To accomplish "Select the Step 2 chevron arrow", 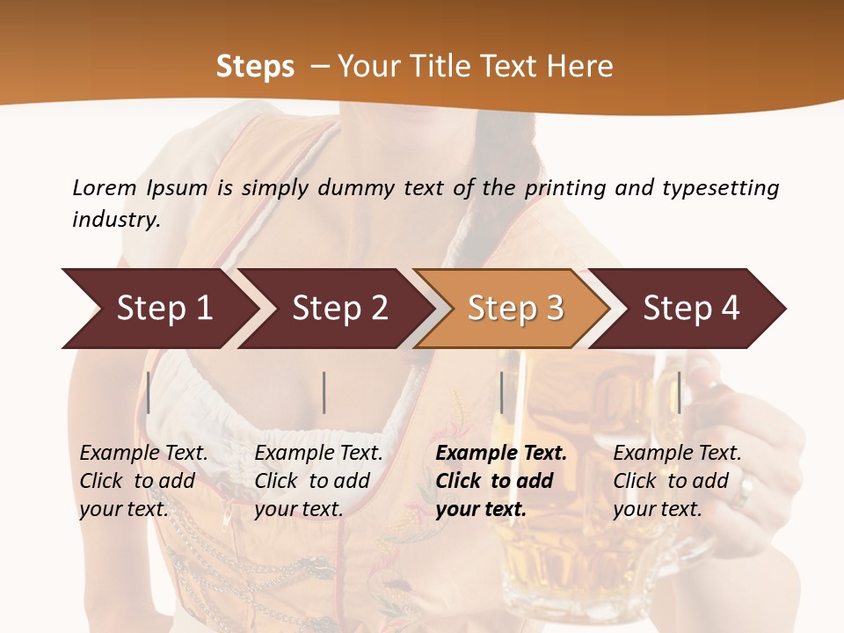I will coord(339,309).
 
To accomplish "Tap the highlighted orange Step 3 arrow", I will coord(515,309).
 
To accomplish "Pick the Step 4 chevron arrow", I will coord(691,309).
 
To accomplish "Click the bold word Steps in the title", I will coord(255,67).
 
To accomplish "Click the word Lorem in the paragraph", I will coord(104,187).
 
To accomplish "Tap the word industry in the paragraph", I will coord(116,219).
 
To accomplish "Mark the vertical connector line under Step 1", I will coord(149,392).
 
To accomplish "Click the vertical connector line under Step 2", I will coord(324,392).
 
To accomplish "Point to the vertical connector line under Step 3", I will coord(501,392).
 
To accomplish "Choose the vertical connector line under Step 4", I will coord(679,392).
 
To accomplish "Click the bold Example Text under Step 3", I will coord(501,454).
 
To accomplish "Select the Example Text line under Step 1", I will coord(143,454).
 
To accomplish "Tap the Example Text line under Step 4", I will coord(677,454).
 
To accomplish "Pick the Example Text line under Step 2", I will coord(318,454).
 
